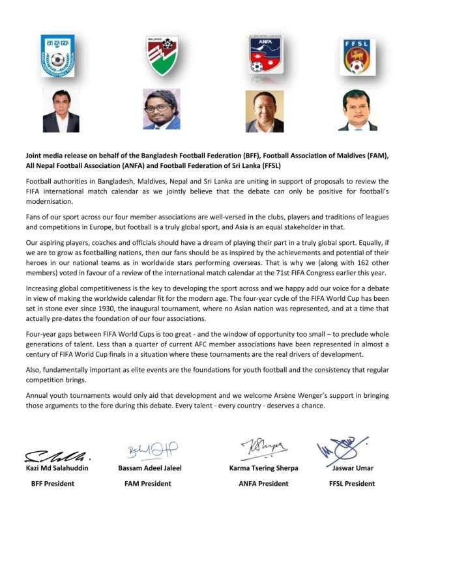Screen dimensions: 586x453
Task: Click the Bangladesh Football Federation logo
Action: pos(57,55)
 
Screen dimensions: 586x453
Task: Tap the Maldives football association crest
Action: pos(161,56)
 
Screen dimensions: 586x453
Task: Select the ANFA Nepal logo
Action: pos(265,57)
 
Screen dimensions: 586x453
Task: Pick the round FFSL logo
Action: pos(357,57)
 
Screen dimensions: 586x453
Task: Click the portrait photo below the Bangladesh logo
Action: pos(61,111)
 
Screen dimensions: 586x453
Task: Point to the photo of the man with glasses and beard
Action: pos(161,109)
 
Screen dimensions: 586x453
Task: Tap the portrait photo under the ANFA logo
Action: pos(264,111)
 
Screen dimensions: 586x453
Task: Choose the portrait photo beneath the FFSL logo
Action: pos(357,110)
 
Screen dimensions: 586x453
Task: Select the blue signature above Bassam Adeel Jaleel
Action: pos(153,450)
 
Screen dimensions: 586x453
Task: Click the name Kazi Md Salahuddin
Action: pos(58,468)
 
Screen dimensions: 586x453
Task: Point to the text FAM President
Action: pos(147,484)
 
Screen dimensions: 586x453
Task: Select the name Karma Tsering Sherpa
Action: pos(263,468)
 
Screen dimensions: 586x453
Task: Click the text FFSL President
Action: pos(352,484)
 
